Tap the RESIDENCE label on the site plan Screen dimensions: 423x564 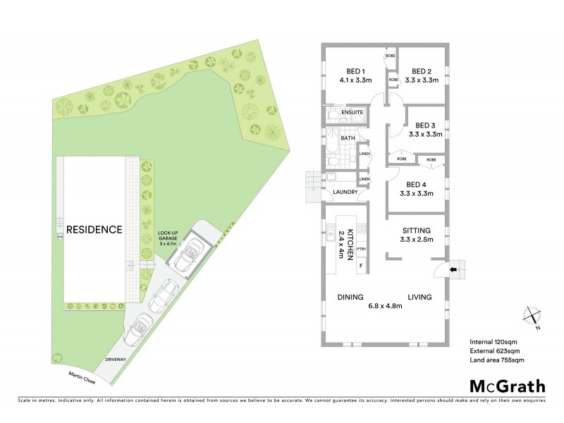94,230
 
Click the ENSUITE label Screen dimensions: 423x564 352,112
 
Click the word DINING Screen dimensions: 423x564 350,297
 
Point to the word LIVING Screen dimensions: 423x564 419,297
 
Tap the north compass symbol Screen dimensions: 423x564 532,317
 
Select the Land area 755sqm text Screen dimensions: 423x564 497,360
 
